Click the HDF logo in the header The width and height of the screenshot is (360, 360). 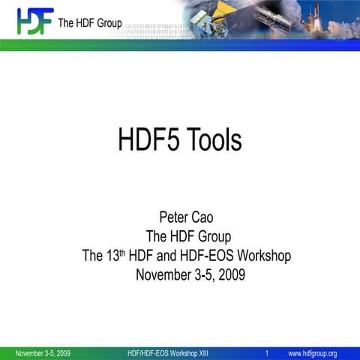34,20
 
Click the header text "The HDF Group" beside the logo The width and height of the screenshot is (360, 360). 89,23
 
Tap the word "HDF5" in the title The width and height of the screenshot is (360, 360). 146,139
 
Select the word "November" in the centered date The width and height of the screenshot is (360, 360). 166,275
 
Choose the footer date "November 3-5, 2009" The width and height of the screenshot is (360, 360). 43,353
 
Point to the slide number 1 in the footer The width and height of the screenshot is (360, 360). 267,353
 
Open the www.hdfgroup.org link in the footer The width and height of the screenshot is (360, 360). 313,353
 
